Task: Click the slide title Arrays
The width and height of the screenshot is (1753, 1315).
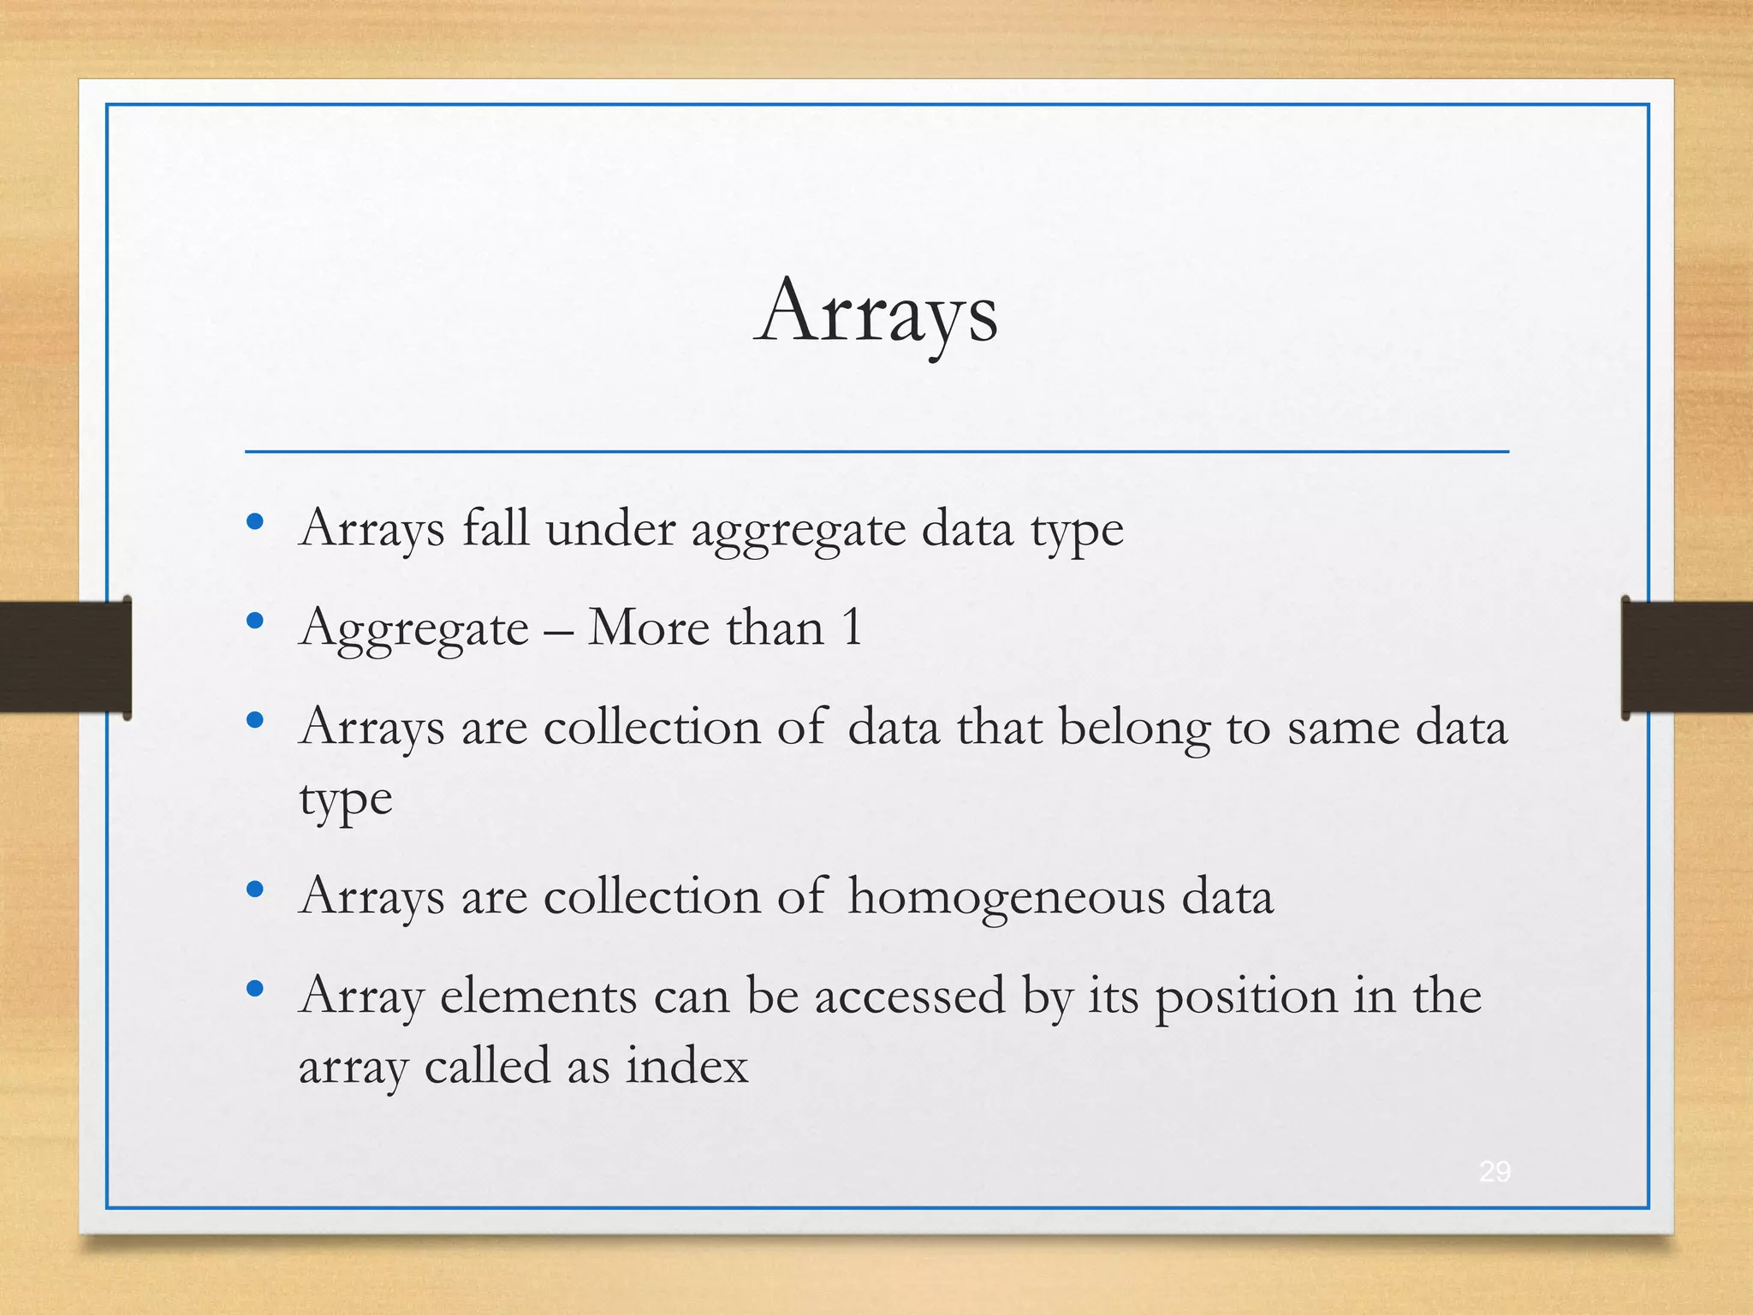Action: (x=876, y=313)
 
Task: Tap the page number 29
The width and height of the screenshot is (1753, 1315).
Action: (x=1495, y=1171)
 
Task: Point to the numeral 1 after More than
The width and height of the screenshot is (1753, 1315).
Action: (x=852, y=627)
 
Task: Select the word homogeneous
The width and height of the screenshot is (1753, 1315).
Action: (x=1006, y=897)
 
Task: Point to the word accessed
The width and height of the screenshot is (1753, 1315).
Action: (x=909, y=997)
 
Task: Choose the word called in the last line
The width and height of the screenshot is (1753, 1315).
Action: (x=487, y=1067)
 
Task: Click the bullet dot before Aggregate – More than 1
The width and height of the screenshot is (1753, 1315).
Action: (x=254, y=621)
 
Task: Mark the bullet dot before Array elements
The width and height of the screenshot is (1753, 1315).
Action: (x=254, y=990)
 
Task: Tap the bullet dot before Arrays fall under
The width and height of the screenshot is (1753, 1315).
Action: (x=254, y=521)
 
